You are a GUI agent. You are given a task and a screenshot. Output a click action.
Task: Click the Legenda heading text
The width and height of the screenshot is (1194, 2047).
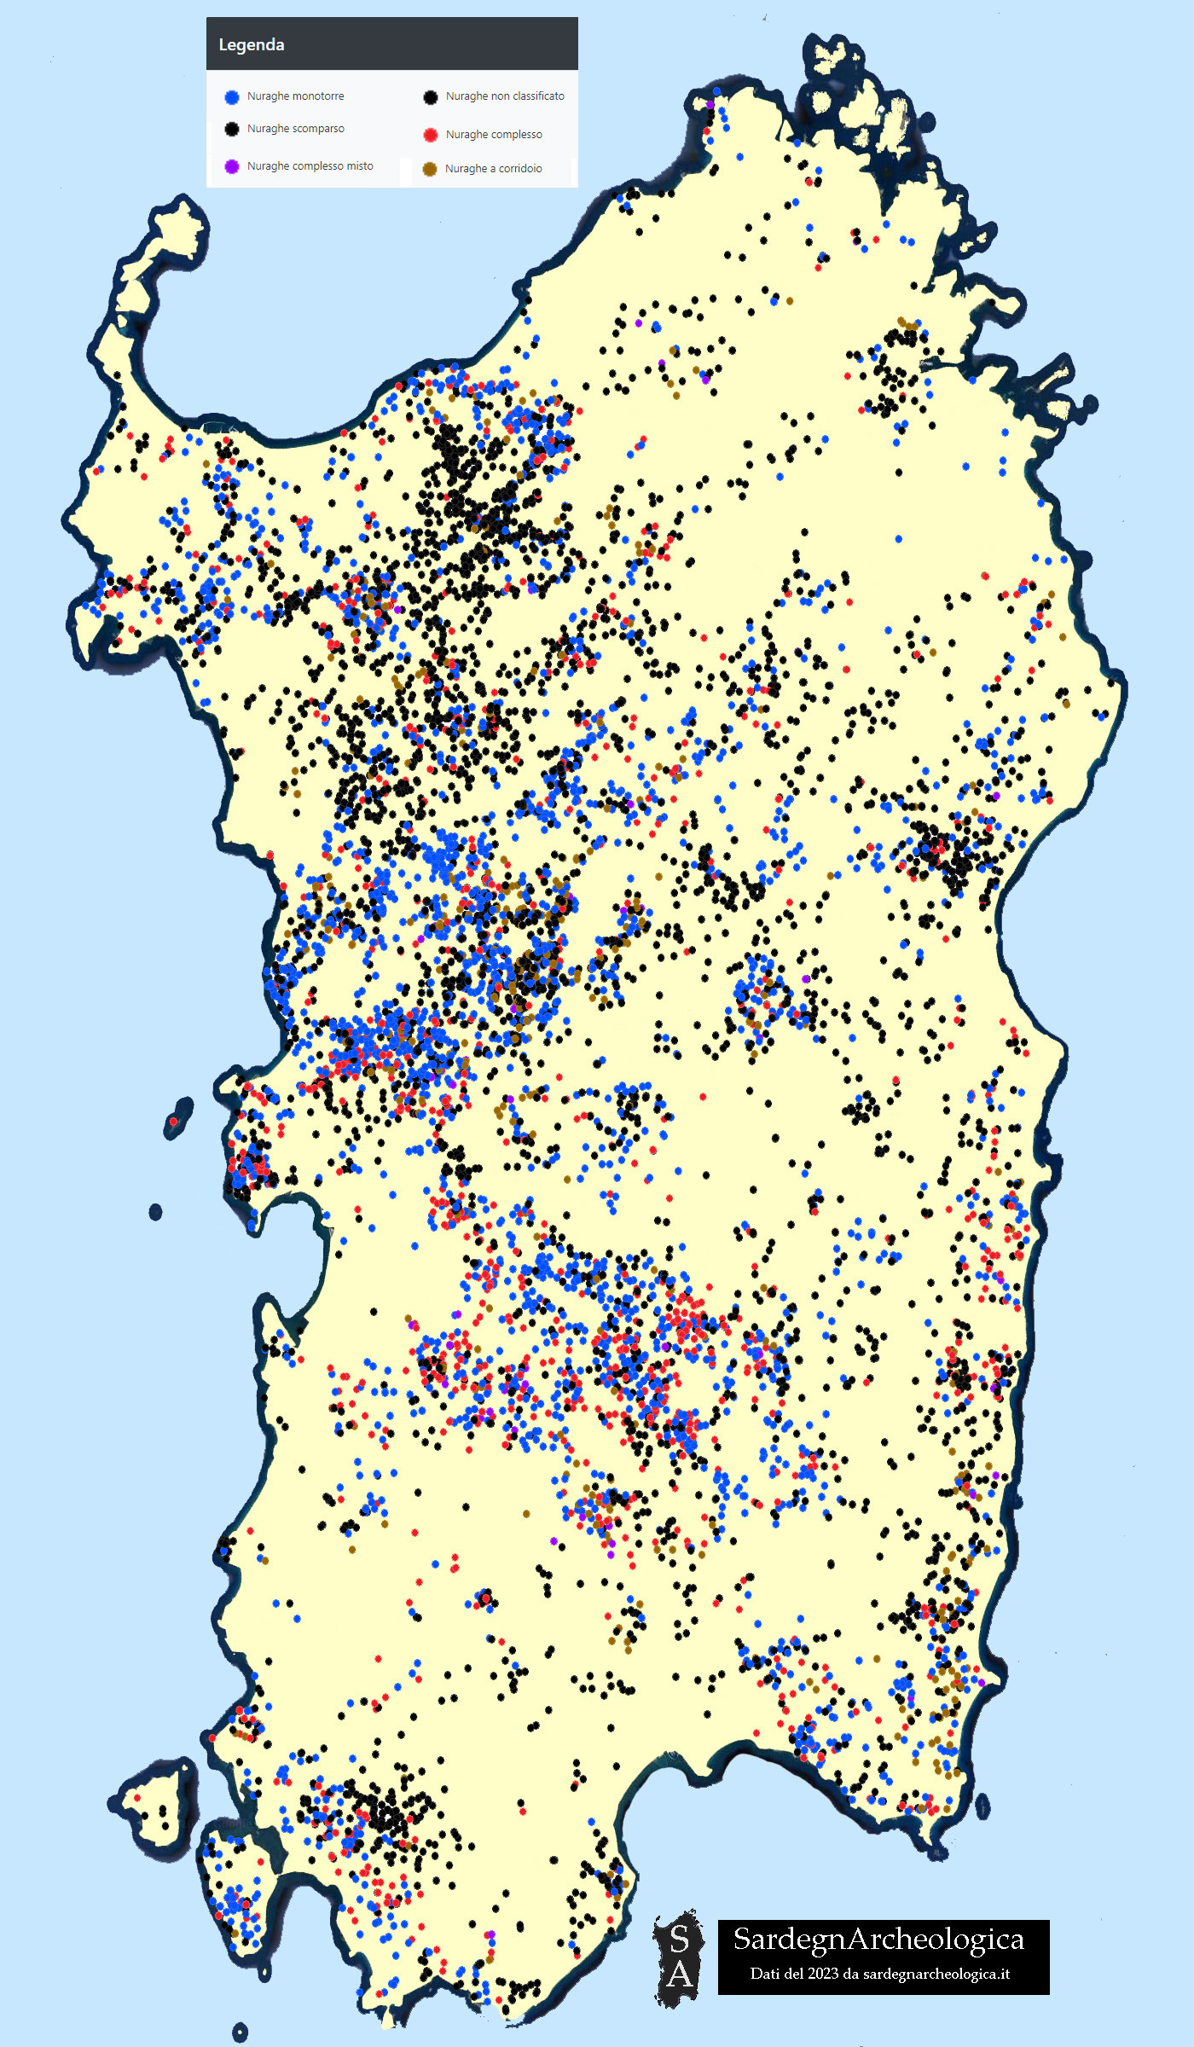(252, 45)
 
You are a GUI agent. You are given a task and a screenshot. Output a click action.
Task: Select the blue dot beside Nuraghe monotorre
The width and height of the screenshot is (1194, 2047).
(231, 97)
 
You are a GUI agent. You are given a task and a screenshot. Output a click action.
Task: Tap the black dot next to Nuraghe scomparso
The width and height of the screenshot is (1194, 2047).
(231, 129)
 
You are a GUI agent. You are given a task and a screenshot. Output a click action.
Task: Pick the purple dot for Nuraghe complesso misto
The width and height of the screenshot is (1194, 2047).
(231, 166)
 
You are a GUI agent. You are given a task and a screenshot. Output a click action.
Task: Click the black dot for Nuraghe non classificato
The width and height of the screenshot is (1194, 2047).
(431, 97)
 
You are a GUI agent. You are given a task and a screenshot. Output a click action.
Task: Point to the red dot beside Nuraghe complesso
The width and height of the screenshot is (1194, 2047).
(431, 135)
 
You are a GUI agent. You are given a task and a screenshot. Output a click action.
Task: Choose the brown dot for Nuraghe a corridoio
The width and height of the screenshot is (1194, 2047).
(430, 169)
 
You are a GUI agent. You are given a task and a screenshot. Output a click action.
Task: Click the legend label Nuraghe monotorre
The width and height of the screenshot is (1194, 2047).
(295, 96)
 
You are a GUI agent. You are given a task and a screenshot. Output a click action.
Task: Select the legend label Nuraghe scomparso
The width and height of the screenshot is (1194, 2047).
(295, 129)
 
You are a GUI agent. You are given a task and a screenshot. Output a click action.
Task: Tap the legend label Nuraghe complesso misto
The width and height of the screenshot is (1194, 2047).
(310, 166)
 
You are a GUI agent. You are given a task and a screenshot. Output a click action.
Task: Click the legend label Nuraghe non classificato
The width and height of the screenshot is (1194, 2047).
(505, 96)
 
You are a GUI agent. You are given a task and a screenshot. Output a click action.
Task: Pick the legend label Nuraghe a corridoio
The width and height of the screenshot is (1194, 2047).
(493, 169)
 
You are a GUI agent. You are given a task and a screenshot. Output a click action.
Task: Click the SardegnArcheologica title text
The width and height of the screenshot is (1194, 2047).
(878, 1939)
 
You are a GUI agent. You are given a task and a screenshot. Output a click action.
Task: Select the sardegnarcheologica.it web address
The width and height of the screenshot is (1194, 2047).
(936, 1974)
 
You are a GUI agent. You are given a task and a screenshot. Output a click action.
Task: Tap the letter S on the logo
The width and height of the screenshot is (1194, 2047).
(680, 1939)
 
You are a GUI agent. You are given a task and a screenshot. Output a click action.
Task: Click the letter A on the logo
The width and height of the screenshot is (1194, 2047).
(680, 1974)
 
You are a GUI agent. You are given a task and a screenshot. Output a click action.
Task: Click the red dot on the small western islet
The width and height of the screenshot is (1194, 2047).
(174, 1121)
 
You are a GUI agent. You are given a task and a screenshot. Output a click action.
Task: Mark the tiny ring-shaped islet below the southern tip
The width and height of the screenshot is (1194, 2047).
(240, 2033)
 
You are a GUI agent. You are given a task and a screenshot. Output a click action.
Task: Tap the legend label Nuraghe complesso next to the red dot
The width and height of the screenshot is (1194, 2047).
(493, 135)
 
